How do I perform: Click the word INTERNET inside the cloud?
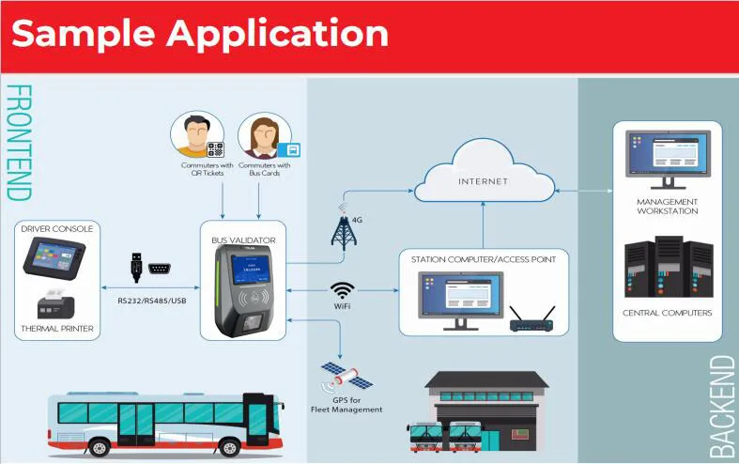[484, 180]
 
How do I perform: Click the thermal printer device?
[53, 304]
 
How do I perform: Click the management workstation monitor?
[667, 156]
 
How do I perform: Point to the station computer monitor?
[459, 297]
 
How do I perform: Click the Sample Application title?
[200, 34]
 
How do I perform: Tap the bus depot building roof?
[486, 379]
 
